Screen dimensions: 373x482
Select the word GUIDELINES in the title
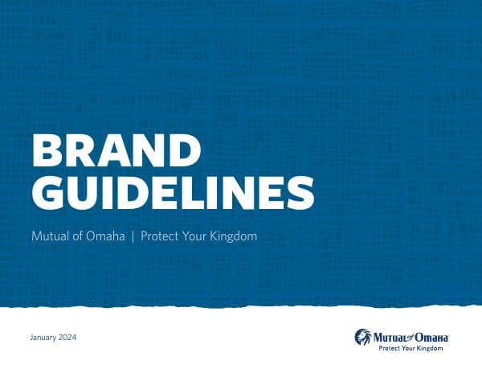172,194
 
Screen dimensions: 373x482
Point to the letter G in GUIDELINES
47,194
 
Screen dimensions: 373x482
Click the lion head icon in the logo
364,335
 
